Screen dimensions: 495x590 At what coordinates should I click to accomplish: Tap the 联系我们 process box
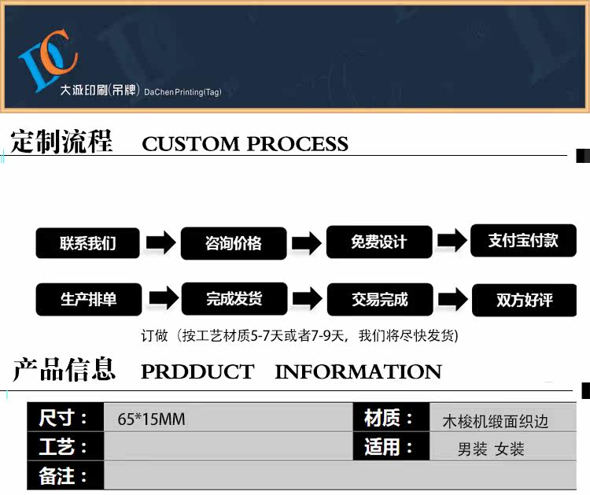pyautogui.click(x=87, y=243)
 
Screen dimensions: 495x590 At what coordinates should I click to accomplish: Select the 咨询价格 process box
pyautogui.click(x=233, y=243)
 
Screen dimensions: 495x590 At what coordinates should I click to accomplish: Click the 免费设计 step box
pyautogui.click(x=379, y=242)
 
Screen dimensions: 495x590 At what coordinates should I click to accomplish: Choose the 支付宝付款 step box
pyautogui.click(x=523, y=241)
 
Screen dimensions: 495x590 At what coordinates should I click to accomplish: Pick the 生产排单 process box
pyautogui.click(x=88, y=300)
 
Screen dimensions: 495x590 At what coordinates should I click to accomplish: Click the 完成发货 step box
pyautogui.click(x=234, y=299)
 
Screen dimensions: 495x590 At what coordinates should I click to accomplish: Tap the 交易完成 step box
pyautogui.click(x=379, y=299)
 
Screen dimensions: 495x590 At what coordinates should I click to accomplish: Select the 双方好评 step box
pyautogui.click(x=524, y=300)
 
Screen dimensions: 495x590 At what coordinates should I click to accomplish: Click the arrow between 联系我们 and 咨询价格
pyautogui.click(x=160, y=242)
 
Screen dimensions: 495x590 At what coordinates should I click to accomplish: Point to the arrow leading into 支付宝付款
pyautogui.click(x=452, y=241)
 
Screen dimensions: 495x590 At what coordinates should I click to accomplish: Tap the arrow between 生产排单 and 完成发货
pyautogui.click(x=160, y=299)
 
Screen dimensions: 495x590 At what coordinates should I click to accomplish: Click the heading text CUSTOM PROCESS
pyautogui.click(x=245, y=144)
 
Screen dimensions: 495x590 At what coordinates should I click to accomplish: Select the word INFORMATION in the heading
pyautogui.click(x=358, y=371)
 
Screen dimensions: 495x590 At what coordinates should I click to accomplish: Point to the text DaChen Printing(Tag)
pyautogui.click(x=183, y=92)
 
